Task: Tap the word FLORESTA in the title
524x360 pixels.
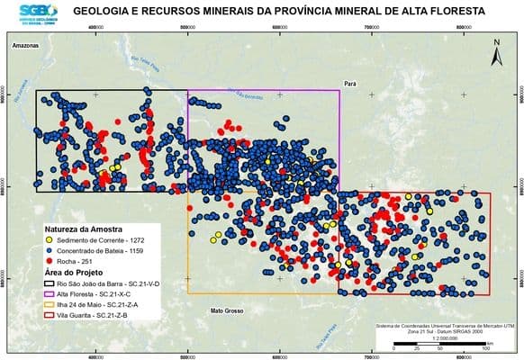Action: tap(454, 11)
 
